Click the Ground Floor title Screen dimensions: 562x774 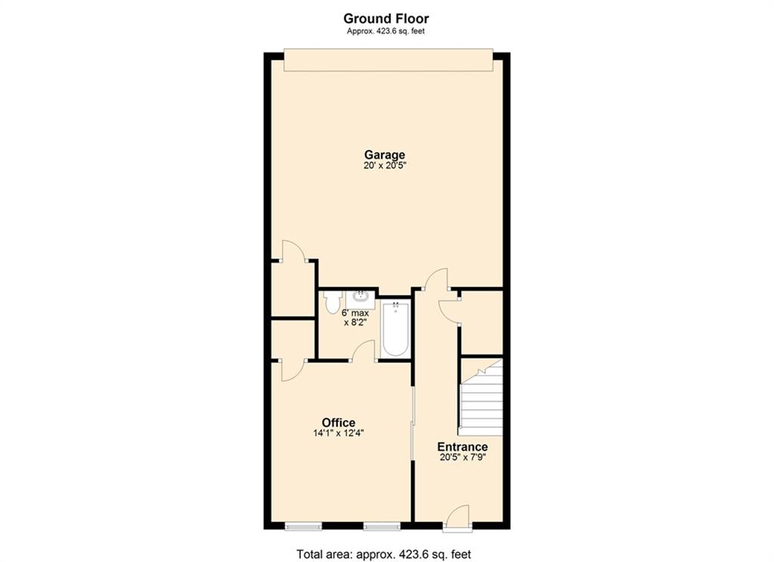[x=386, y=18]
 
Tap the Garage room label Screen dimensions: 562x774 [x=386, y=155]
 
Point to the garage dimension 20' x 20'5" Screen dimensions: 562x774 [x=386, y=165]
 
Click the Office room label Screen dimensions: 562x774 [x=338, y=422]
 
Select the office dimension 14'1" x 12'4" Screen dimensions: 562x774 [x=338, y=434]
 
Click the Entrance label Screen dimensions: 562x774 [x=462, y=446]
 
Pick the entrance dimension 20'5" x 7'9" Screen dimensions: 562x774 [x=462, y=457]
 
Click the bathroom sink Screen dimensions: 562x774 [x=361, y=295]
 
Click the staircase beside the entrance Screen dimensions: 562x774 [x=482, y=400]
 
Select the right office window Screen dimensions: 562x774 [x=381, y=525]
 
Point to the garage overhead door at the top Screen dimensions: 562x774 [x=387, y=60]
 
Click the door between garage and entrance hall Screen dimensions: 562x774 [x=436, y=280]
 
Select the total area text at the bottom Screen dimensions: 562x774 [x=384, y=554]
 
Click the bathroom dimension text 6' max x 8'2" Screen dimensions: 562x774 [x=355, y=317]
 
